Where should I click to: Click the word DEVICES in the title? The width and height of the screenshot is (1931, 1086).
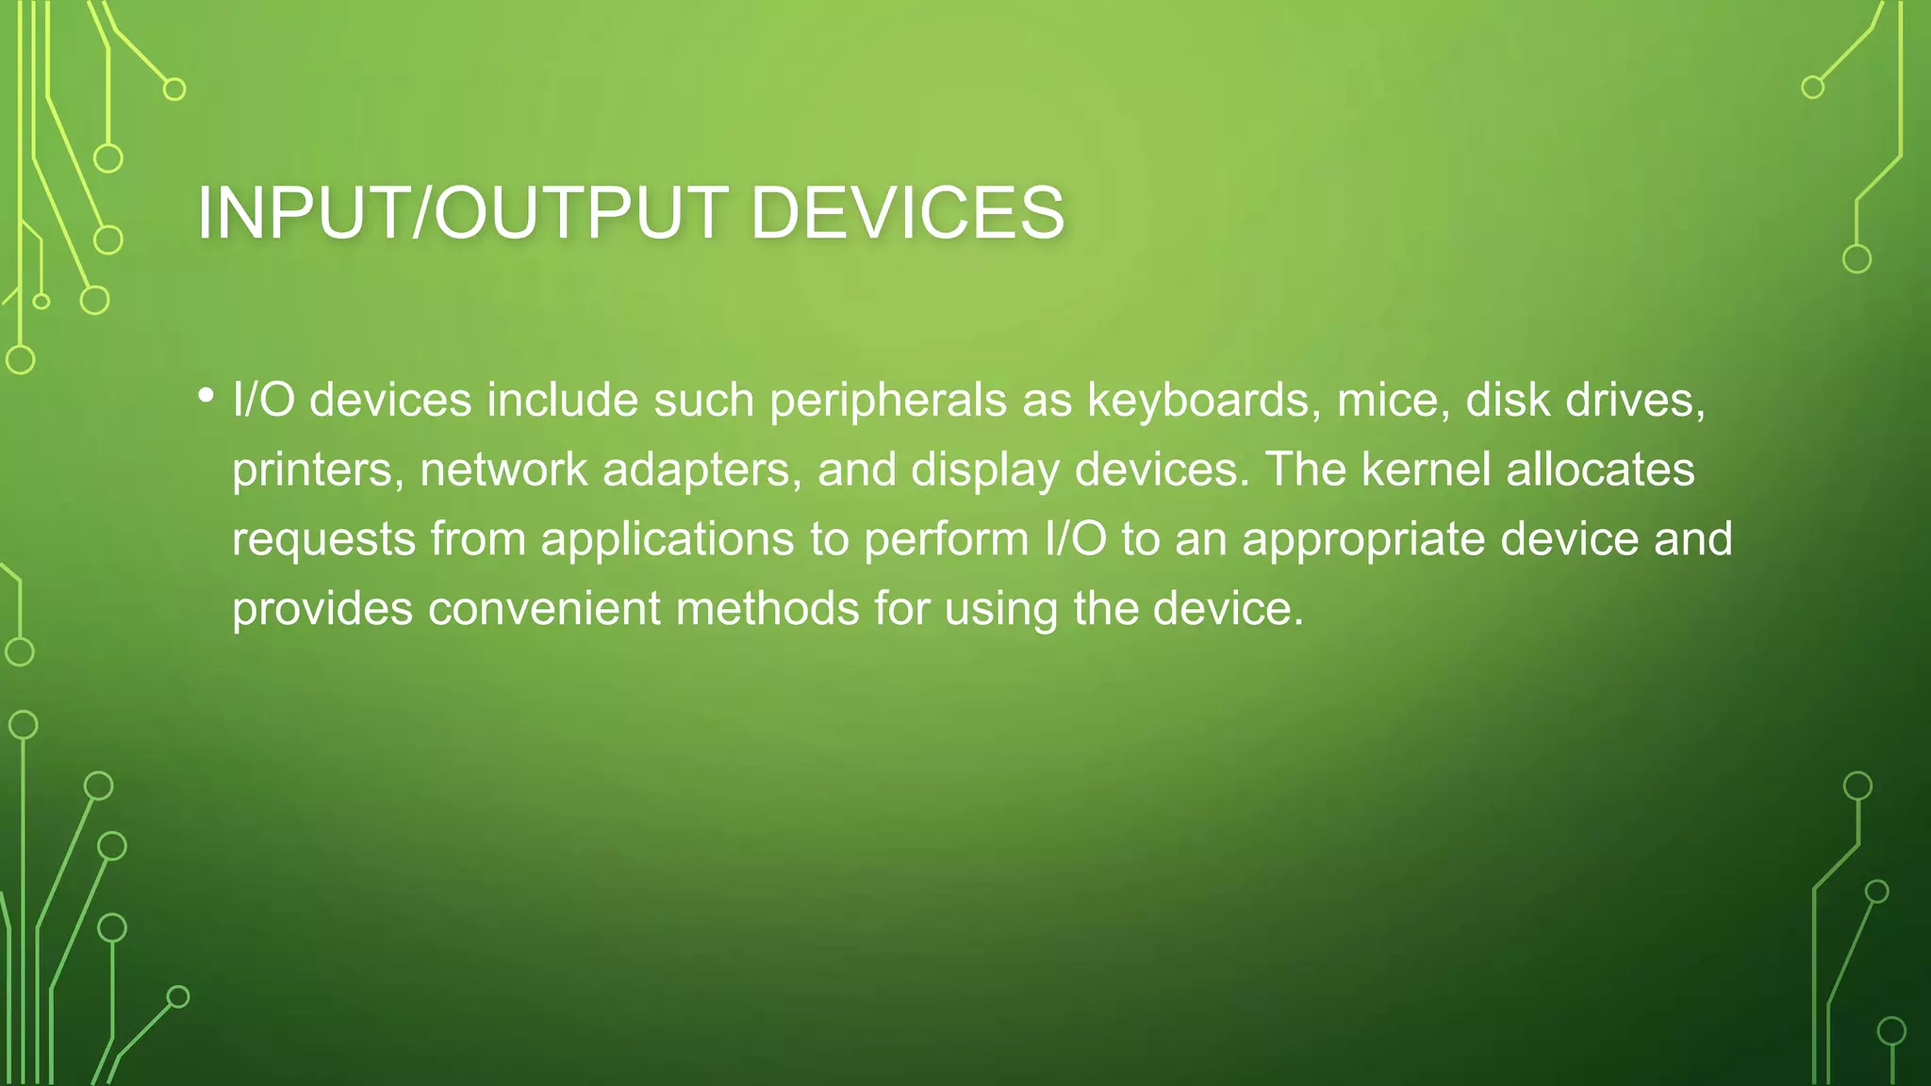[x=907, y=213]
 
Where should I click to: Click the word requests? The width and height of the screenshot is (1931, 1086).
[x=323, y=540]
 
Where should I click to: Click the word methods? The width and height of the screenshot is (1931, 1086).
[x=767, y=609]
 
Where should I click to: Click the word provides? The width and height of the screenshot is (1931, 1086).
[x=322, y=609]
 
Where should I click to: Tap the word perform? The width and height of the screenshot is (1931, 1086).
[x=946, y=540]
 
